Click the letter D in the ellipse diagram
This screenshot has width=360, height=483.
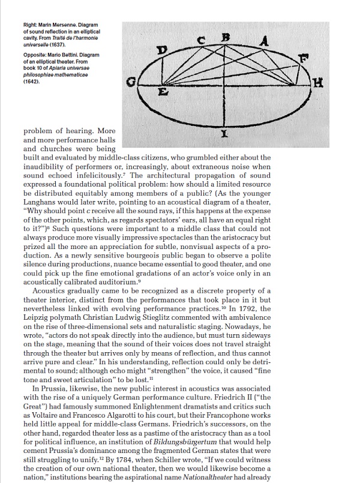(160, 49)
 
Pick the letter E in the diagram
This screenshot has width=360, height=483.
(162, 94)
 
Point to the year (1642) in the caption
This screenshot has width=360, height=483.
(32, 82)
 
